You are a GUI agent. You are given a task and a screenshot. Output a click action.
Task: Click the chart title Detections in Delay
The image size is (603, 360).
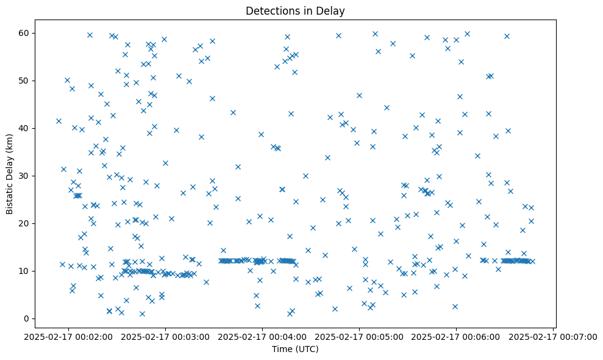click(x=294, y=11)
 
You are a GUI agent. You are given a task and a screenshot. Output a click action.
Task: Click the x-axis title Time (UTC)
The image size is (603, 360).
click(x=294, y=349)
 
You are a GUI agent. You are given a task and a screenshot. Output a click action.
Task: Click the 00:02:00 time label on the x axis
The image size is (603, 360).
click(x=68, y=336)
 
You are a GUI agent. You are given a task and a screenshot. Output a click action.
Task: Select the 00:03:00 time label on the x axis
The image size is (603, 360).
click(x=165, y=336)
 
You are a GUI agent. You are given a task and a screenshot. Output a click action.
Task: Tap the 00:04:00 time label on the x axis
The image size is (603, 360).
click(x=262, y=336)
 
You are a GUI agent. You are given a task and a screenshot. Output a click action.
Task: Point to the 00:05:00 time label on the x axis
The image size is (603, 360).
click(x=360, y=336)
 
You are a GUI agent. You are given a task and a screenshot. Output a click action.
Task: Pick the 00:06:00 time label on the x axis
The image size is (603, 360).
click(x=457, y=336)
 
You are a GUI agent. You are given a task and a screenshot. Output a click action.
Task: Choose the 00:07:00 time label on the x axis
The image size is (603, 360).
click(x=554, y=336)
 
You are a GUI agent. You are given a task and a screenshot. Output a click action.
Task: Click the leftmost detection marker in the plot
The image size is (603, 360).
click(x=59, y=121)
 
